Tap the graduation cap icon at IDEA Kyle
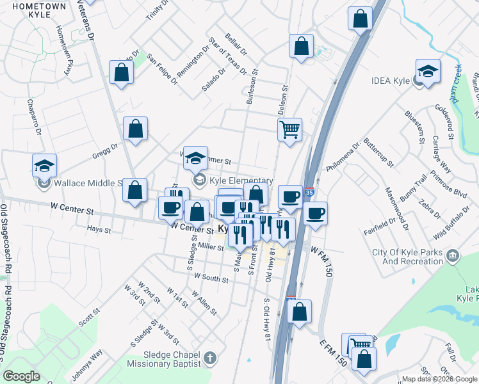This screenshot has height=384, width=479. (x=428, y=71)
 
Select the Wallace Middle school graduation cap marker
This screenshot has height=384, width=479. (x=44, y=166)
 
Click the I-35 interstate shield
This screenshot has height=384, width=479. (x=310, y=191)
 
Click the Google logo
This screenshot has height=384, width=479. (x=22, y=376)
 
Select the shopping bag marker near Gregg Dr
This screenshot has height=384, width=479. (x=135, y=130)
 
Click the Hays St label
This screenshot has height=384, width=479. (x=99, y=229)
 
